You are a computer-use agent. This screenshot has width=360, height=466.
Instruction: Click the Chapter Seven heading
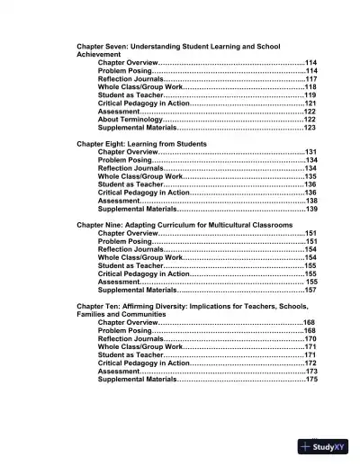[x=179, y=45]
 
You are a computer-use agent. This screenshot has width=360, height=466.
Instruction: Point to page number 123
[x=310, y=128]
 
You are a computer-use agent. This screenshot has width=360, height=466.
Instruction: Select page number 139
[x=311, y=209]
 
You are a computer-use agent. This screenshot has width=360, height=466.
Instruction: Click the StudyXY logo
[x=328, y=446]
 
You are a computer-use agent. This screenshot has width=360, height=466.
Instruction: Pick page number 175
[x=311, y=380]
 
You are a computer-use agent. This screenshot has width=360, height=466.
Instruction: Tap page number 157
[x=310, y=291]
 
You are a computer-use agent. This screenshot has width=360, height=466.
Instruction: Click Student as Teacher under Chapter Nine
[x=130, y=266]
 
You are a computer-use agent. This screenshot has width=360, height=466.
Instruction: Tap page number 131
[x=311, y=152]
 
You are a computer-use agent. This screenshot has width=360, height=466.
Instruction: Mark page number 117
[x=310, y=78]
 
